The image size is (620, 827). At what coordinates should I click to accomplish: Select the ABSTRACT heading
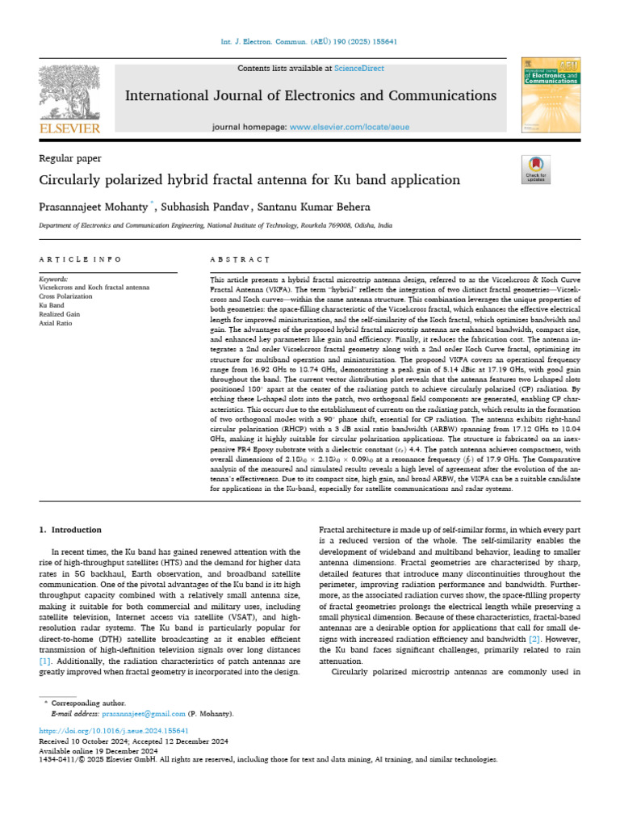(x=233, y=259)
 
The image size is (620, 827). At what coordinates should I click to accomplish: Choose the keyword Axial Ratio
(x=57, y=322)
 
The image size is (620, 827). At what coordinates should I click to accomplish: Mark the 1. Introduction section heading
(x=70, y=530)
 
